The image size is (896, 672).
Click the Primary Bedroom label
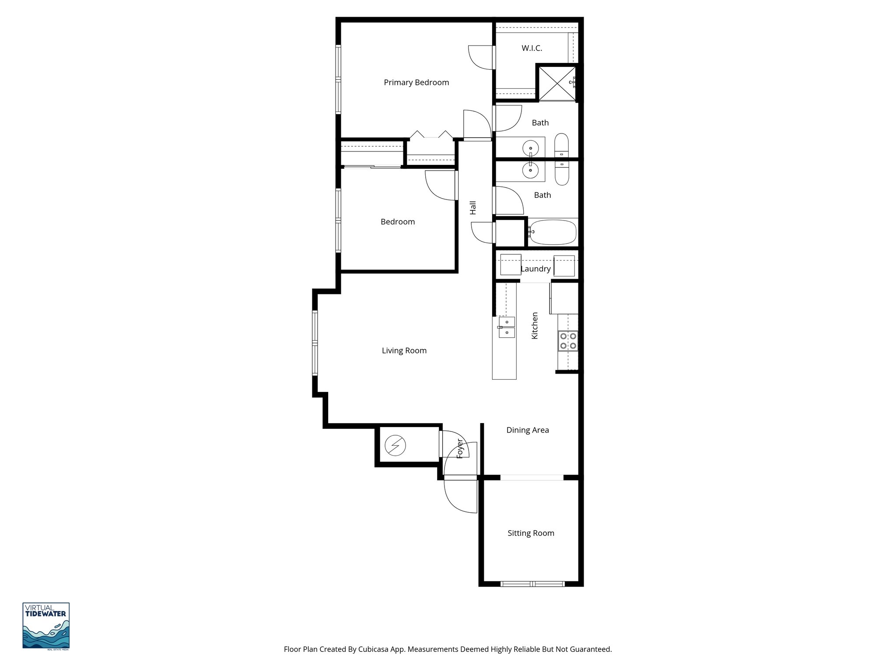point(416,82)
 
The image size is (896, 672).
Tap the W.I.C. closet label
point(532,48)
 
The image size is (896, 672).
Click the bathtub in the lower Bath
point(553,233)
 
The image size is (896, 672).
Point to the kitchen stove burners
point(568,341)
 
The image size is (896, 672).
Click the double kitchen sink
point(507,328)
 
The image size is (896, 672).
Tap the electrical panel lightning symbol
point(395,446)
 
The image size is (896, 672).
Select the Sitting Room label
point(531,533)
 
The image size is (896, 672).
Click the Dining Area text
point(527,430)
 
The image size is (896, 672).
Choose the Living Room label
point(404,350)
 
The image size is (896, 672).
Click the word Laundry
point(535,269)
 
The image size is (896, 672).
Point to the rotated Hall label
point(473,208)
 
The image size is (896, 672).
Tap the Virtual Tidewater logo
point(46,626)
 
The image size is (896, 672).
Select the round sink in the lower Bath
point(531,171)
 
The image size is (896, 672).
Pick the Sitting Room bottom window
point(532,584)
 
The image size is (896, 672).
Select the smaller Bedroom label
point(397,222)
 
